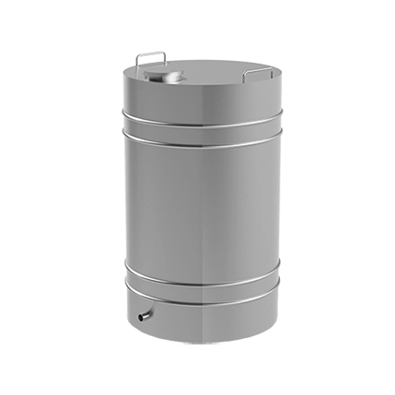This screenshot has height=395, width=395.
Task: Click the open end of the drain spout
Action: [x=140, y=318]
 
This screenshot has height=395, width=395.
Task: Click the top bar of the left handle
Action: [x=150, y=53]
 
